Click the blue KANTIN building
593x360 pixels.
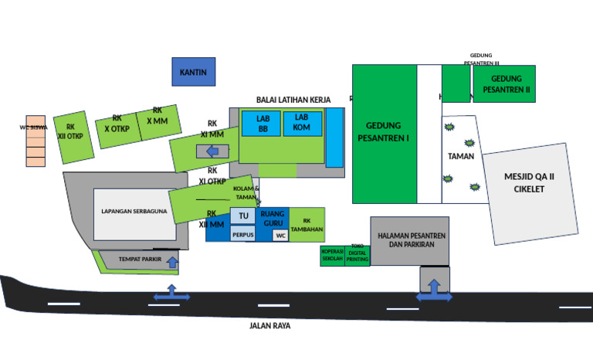point(193,72)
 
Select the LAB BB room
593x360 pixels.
point(263,124)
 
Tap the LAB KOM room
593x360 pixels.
point(301,122)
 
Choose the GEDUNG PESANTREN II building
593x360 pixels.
point(505,83)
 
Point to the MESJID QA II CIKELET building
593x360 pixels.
point(529,183)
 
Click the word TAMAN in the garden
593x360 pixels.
point(461,156)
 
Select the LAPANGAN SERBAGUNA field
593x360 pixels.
point(134,211)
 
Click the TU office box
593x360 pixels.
point(242,216)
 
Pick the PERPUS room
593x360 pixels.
point(242,235)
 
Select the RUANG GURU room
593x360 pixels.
point(273,218)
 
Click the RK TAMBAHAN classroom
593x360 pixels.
point(307,225)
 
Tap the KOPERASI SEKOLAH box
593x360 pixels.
point(333,256)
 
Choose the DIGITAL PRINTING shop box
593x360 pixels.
point(357,256)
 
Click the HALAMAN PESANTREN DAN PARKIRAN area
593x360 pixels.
point(409,239)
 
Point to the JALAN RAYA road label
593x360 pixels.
point(269,326)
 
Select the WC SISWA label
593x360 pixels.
point(33,127)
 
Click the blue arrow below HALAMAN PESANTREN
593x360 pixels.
point(434,291)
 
